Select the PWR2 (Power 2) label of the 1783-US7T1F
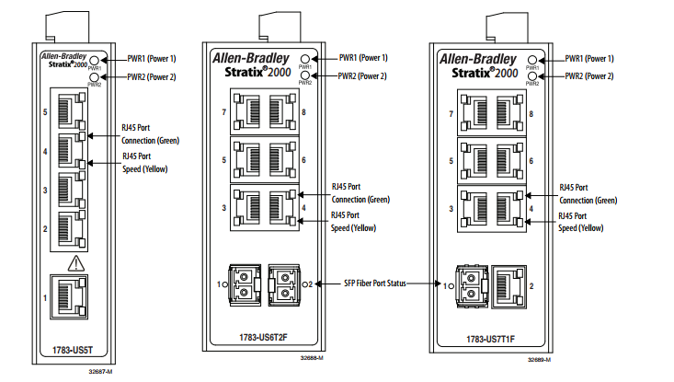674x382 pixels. point(588,76)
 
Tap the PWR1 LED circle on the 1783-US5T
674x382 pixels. point(94,59)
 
